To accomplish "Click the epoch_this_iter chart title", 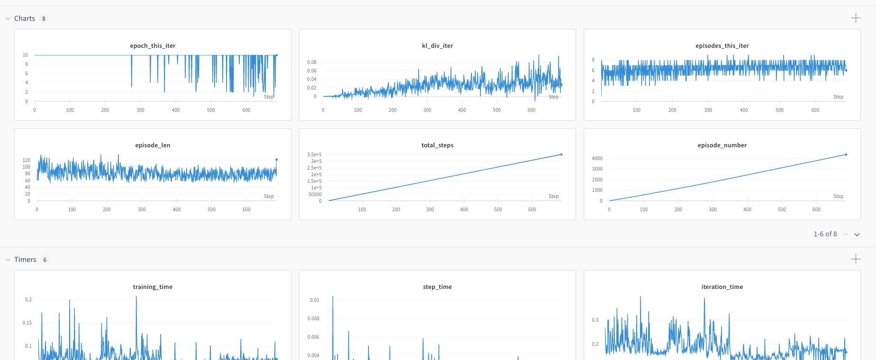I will (x=153, y=46).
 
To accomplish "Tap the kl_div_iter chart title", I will (x=437, y=46).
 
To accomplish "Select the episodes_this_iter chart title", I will (x=722, y=46).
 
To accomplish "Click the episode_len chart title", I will (x=153, y=145).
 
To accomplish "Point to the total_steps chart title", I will (x=437, y=145).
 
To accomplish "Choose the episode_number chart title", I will (x=722, y=145).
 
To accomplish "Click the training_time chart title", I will (x=153, y=287).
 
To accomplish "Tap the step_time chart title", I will (x=437, y=287).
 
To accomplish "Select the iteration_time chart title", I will (x=722, y=287).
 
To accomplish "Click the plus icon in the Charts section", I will (x=856, y=18).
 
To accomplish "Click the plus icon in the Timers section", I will (x=856, y=259).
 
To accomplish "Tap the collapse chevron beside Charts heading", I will (x=8, y=18).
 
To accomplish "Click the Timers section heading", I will (x=25, y=260).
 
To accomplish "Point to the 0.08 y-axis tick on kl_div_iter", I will (x=312, y=63).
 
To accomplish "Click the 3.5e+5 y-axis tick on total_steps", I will (x=314, y=155).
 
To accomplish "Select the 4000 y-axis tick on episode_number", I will (x=597, y=159).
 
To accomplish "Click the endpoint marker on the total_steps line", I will (x=561, y=154).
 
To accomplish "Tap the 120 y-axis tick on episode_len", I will (x=27, y=161).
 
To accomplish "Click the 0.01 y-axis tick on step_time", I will (x=315, y=300).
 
